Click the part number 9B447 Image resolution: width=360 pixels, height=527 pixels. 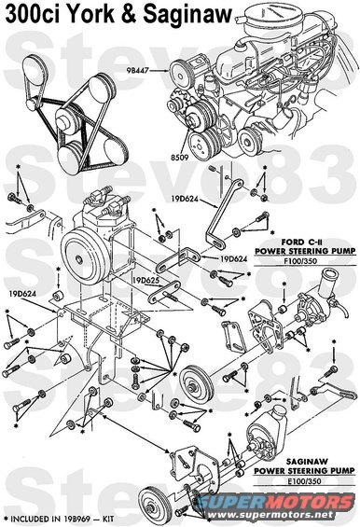coord(137,71)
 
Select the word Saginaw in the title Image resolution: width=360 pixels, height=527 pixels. coord(187,16)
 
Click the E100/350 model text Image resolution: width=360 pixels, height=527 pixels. coord(304,481)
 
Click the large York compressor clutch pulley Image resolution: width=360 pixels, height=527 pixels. coord(87,257)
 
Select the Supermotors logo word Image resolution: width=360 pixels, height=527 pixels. coord(275,502)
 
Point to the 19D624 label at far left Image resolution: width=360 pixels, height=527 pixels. coord(23,294)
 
